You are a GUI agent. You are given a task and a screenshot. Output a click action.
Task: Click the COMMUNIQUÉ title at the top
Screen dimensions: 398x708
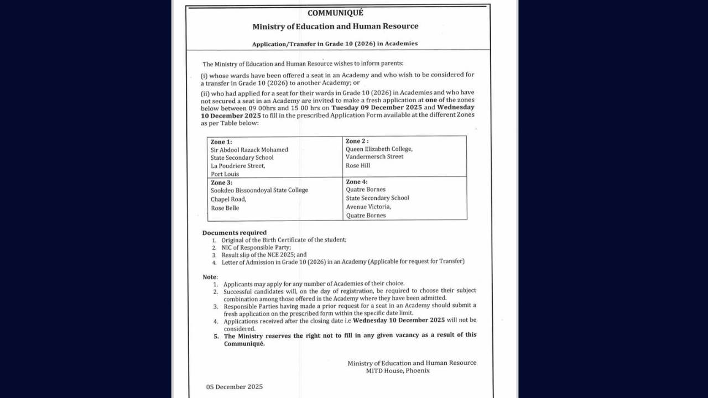[335, 13]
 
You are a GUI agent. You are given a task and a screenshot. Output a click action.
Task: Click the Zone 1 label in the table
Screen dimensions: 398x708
[221, 142]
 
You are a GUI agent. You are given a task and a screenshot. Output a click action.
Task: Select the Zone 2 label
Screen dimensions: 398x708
[357, 141]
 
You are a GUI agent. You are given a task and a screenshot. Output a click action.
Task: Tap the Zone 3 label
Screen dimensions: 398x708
[221, 182]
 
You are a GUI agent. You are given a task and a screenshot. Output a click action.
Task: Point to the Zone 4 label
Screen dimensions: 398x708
[357, 182]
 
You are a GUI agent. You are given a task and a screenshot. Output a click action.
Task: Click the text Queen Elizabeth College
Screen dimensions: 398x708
[379, 149]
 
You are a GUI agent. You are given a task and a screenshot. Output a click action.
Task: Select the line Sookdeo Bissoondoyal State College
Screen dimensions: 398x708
[259, 190]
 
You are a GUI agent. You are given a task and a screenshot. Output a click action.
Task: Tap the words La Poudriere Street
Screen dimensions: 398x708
[237, 166]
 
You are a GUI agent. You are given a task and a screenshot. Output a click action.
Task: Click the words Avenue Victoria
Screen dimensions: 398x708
[368, 207]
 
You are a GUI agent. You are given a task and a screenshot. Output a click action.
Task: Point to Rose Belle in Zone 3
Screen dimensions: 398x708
[225, 208]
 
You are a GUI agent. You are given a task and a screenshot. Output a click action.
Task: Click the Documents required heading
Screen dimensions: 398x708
[234, 233]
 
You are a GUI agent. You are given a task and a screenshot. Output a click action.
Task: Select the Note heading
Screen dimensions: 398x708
[210, 277]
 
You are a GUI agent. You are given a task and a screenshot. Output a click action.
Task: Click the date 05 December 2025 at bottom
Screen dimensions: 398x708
[234, 387]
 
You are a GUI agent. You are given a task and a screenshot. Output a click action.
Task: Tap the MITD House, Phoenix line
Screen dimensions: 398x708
[398, 371]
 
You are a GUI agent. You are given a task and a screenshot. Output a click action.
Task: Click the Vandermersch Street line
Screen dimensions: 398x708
[374, 157]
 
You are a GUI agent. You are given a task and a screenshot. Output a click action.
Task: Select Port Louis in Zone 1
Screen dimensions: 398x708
[225, 174]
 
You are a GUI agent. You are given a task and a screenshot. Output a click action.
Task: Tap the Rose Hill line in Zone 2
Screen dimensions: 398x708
[358, 166]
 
